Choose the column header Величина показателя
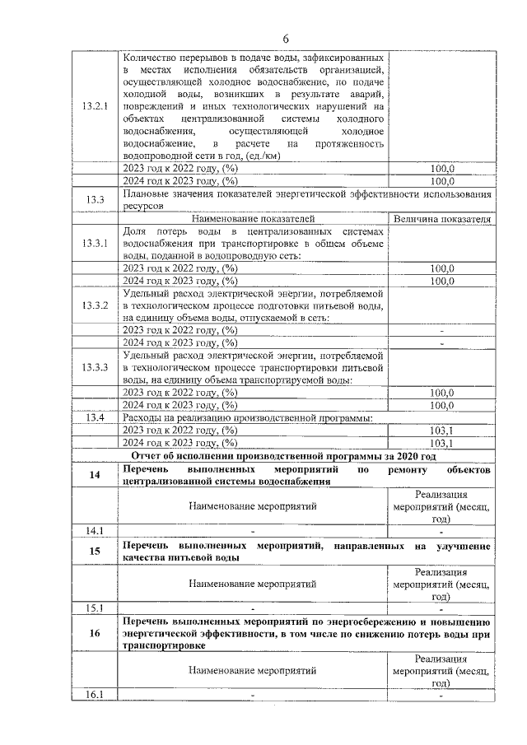point(442,220)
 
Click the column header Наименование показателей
point(252,220)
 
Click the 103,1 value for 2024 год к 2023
point(442,442)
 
